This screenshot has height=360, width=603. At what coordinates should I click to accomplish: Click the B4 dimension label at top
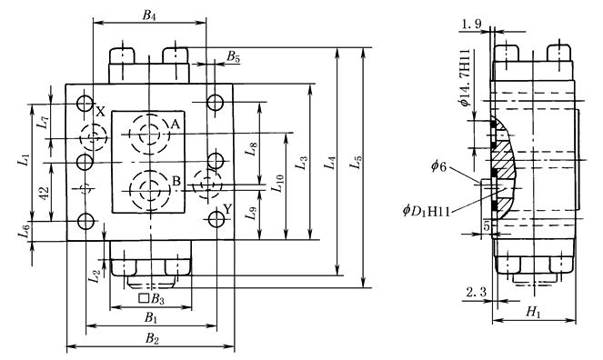(149, 15)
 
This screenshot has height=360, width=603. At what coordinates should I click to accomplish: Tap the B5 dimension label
(233, 57)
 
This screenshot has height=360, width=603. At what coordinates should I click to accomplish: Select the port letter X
(100, 112)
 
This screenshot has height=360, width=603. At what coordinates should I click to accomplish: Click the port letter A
(176, 125)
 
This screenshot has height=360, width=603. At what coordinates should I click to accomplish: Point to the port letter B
(176, 181)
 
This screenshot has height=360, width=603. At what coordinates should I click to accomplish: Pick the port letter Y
(227, 209)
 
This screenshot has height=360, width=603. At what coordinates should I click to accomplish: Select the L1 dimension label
(24, 159)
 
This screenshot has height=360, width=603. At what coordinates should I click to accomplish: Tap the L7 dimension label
(45, 122)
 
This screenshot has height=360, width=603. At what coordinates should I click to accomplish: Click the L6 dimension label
(25, 231)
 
